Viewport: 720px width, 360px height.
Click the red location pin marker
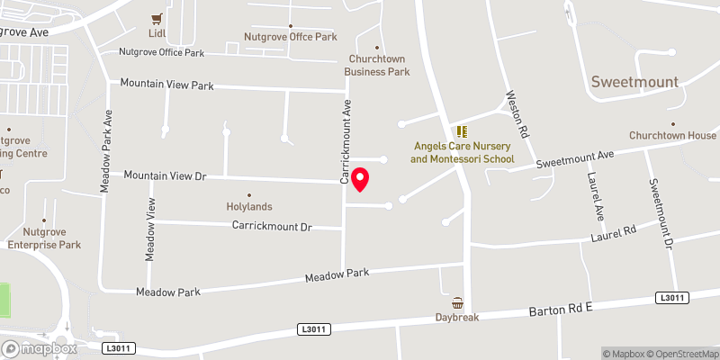coord(360,179)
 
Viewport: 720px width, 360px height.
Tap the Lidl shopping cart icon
coord(158,17)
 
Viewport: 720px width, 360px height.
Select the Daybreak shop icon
coord(457,303)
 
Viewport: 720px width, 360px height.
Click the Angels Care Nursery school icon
coord(462,131)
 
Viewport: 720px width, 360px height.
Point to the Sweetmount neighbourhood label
coord(634,82)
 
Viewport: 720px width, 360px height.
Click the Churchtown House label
coord(672,136)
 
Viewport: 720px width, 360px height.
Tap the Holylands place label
coord(248,207)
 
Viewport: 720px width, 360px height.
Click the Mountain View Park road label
coord(168,85)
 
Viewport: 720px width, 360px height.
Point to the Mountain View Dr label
coord(165,175)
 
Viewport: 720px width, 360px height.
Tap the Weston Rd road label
coord(517,113)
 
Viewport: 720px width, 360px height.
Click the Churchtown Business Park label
coord(379,66)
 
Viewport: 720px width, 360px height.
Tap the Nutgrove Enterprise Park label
coord(44,238)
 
